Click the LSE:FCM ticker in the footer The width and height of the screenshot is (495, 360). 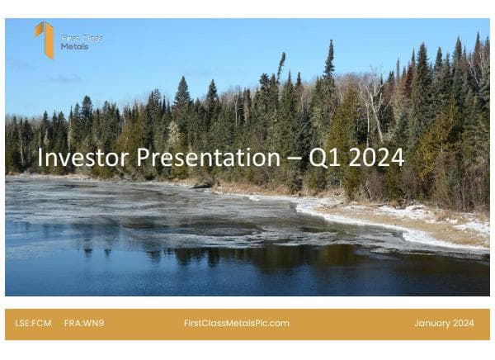[33, 323]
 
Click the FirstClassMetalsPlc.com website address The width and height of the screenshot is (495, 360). [236, 323]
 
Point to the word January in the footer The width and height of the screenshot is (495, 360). [431, 323]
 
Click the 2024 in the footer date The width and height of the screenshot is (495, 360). [463, 323]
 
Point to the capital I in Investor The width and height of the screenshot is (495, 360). [40, 157]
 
